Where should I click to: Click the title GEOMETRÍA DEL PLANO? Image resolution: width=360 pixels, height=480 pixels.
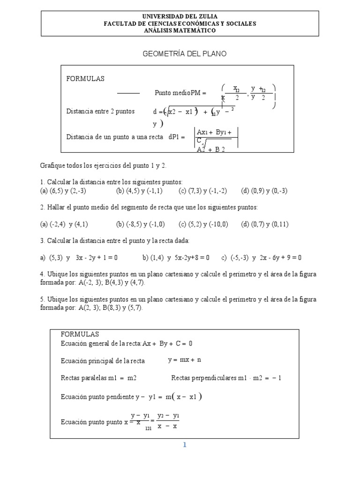click(x=184, y=54)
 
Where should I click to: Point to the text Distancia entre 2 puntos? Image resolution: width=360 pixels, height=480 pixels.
click(x=100, y=111)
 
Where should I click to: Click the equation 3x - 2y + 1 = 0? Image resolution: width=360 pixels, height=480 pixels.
click(x=96, y=257)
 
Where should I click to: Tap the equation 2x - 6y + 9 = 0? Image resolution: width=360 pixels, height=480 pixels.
click(x=280, y=257)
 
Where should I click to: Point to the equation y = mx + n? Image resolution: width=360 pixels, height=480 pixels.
click(x=184, y=360)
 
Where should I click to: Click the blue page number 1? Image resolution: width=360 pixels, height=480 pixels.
click(x=185, y=445)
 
